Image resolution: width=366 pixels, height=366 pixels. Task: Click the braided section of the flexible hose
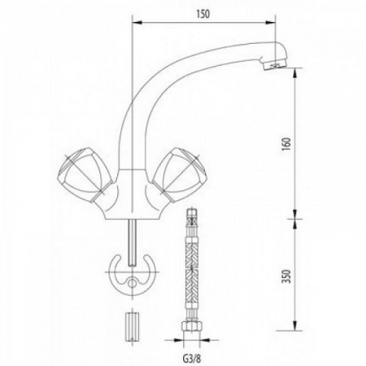coord(191,268)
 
